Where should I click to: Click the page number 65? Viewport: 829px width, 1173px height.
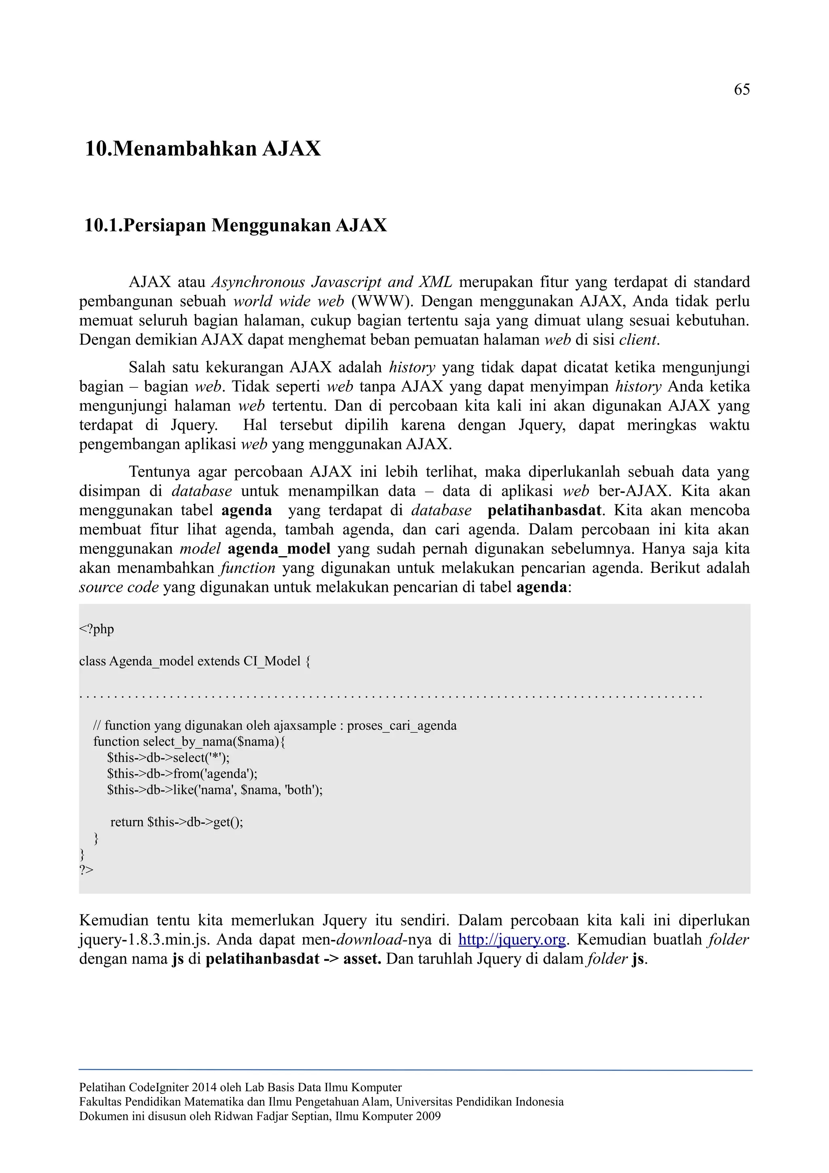741,90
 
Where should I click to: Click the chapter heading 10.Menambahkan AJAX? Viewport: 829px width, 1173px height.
203,149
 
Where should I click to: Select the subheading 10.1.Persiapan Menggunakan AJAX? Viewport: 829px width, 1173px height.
236,225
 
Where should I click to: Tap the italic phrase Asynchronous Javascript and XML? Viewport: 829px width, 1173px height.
332,282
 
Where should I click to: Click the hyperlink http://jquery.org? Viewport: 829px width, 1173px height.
512,939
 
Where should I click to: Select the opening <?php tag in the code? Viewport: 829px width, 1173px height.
96,629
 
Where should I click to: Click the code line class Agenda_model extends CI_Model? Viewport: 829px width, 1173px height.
194,661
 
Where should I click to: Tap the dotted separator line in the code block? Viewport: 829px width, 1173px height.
391,696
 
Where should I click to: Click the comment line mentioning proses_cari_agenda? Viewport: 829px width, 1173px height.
275,725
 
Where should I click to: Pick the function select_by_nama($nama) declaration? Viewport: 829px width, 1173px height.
189,741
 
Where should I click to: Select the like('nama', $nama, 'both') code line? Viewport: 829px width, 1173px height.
215,790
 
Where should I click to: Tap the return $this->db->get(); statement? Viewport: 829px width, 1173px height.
177,822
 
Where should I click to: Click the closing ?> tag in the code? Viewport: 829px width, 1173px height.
86,869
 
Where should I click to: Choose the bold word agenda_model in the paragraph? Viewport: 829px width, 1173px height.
279,549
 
